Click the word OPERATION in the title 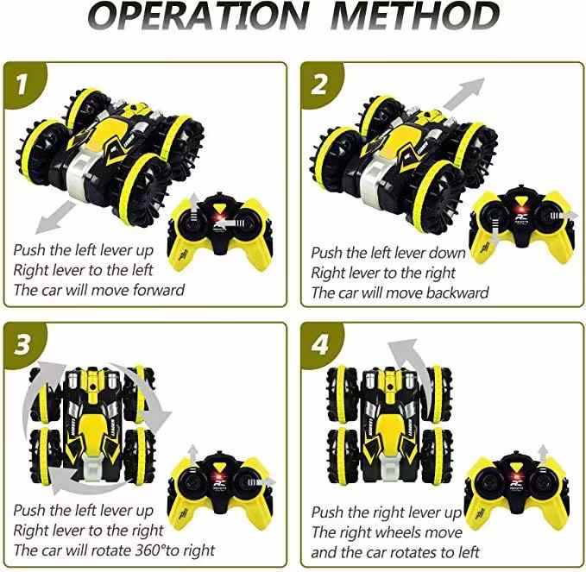pyautogui.click(x=198, y=16)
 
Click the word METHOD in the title pyautogui.click(x=415, y=16)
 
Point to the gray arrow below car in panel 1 pyautogui.click(x=55, y=217)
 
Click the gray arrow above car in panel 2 pyautogui.click(x=464, y=94)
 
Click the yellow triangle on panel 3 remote pyautogui.click(x=220, y=467)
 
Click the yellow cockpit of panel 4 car pyautogui.click(x=390, y=431)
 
